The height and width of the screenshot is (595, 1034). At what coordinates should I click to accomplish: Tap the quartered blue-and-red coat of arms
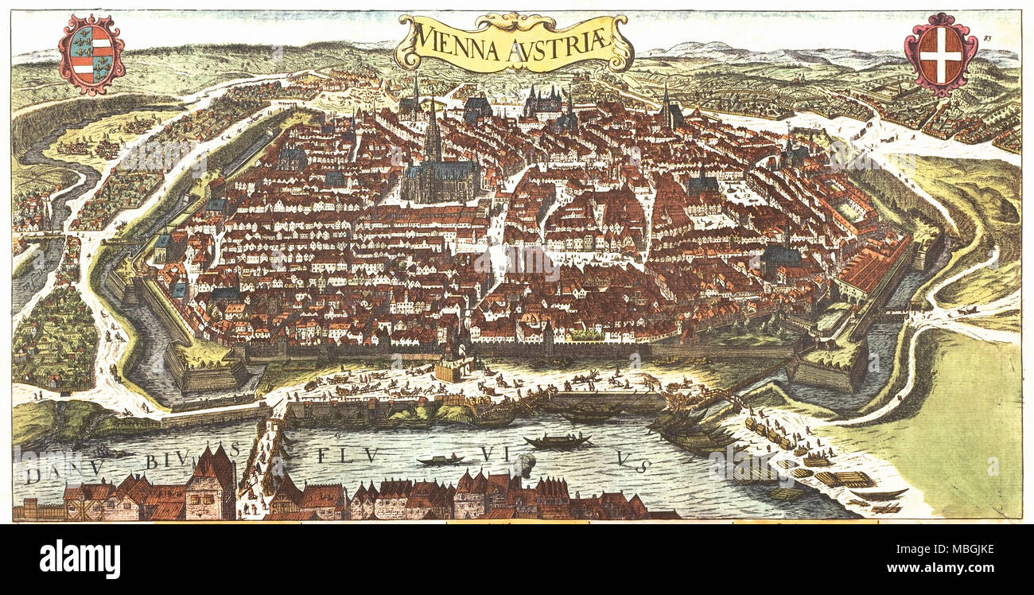(91, 53)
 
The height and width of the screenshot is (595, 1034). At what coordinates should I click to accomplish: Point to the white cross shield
(940, 54)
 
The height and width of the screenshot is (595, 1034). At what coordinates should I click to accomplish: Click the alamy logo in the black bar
(80, 558)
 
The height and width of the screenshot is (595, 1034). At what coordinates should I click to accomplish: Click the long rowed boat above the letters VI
(557, 440)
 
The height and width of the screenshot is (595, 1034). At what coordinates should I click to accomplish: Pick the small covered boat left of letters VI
(441, 460)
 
